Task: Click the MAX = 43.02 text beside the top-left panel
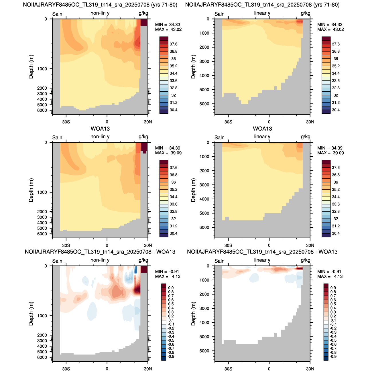(168, 29)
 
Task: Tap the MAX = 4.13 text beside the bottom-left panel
(168, 276)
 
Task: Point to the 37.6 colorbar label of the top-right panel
(336, 44)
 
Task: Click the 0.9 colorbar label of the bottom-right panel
(333, 288)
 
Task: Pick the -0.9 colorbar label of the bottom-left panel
(170, 357)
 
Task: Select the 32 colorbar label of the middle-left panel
(173, 219)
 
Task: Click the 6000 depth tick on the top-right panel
(204, 104)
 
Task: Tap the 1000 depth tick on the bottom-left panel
(42, 316)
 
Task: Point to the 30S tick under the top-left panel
(66, 122)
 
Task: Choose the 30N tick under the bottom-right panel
(310, 369)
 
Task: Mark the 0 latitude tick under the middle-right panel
(269, 245)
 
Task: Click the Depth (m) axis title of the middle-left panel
(31, 190)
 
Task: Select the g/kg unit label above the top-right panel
(306, 13)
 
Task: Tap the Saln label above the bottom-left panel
(57, 261)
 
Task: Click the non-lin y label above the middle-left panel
(100, 137)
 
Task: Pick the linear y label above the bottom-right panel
(262, 260)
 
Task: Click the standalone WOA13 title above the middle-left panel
(100, 129)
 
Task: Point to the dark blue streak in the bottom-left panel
(135, 269)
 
